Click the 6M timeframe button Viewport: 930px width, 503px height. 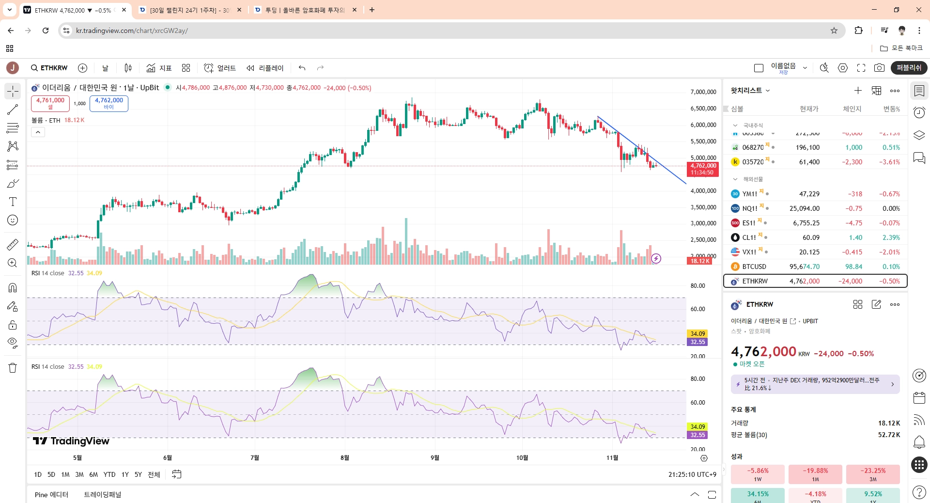coord(93,474)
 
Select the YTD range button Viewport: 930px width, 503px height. coord(109,474)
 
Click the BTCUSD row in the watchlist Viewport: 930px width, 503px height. coord(815,267)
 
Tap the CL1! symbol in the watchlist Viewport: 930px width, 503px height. coord(749,237)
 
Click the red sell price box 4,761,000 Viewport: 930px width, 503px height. coord(50,103)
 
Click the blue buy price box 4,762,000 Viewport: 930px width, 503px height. coord(109,103)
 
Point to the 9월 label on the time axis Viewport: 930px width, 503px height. coord(435,457)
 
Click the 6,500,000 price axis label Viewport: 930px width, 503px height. coord(703,109)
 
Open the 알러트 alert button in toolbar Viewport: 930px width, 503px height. coord(220,68)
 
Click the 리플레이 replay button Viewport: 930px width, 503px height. coord(265,68)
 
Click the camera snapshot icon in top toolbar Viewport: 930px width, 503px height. coord(879,68)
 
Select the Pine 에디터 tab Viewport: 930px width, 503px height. coord(51,494)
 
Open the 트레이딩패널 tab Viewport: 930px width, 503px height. coord(103,494)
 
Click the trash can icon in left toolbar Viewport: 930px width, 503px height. coord(13,368)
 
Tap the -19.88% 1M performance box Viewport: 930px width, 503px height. coord(815,474)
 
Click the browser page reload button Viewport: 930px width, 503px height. coord(46,31)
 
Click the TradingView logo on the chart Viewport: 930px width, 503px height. coord(71,441)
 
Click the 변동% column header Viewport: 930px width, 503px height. coord(891,109)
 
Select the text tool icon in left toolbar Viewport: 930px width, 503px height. coord(13,202)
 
